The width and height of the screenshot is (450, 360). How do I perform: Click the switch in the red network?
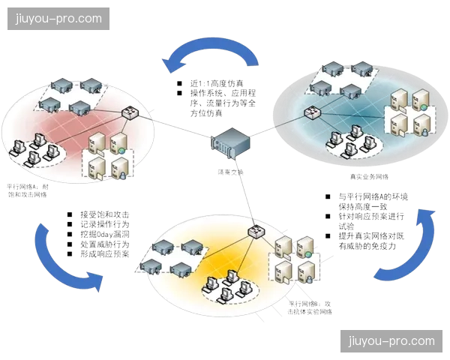[130, 113]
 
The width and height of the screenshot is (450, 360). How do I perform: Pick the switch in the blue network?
[313, 113]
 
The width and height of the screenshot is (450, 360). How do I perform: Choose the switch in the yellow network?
[259, 231]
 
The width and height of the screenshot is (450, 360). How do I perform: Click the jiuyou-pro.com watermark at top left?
[58, 18]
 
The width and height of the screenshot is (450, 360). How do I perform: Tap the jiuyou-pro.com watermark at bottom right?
[391, 341]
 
